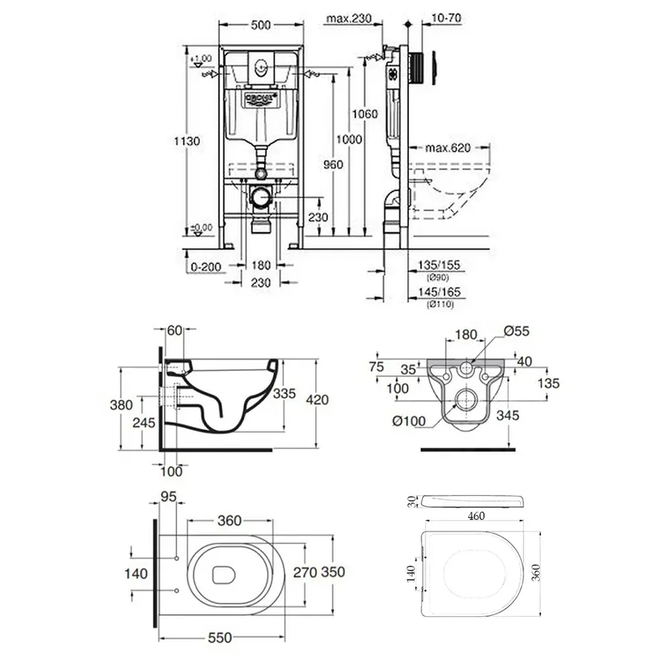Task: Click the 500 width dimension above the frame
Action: tap(259, 25)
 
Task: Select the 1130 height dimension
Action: tap(191, 141)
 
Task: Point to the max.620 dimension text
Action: tap(448, 148)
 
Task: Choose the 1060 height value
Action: tap(366, 114)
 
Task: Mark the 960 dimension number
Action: tap(334, 165)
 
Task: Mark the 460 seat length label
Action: tap(471, 515)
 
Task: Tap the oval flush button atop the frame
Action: tap(259, 65)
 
